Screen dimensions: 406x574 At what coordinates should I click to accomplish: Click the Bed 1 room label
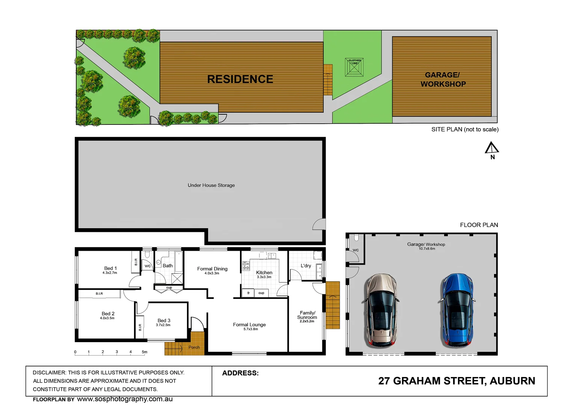pos(110,268)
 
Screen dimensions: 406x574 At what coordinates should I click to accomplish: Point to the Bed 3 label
pos(164,321)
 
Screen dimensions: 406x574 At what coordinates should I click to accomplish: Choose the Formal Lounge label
pos(249,325)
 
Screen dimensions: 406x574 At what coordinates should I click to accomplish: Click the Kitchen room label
pos(264,273)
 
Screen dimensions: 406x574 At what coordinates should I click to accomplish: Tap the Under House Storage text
pos(211,185)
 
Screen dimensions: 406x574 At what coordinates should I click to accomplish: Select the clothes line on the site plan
pos(354,67)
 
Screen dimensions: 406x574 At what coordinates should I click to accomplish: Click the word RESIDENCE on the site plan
pos(240,79)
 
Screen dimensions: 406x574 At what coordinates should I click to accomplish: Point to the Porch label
pos(194,347)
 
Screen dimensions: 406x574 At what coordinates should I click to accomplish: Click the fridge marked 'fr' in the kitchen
pos(248,293)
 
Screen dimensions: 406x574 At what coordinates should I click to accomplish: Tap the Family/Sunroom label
pos(307,315)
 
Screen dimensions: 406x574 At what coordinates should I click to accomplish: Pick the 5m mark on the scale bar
pos(145,352)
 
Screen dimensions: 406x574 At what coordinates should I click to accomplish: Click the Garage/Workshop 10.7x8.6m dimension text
pos(427,249)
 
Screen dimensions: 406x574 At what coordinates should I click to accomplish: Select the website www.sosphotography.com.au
pos(125,399)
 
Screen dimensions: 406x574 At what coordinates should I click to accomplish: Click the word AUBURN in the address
pos(512,381)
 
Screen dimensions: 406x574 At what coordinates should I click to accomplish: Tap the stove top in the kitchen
pos(246,266)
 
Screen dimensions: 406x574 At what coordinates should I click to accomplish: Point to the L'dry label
pos(306,266)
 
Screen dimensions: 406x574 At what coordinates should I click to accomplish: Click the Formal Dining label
pos(212,269)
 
